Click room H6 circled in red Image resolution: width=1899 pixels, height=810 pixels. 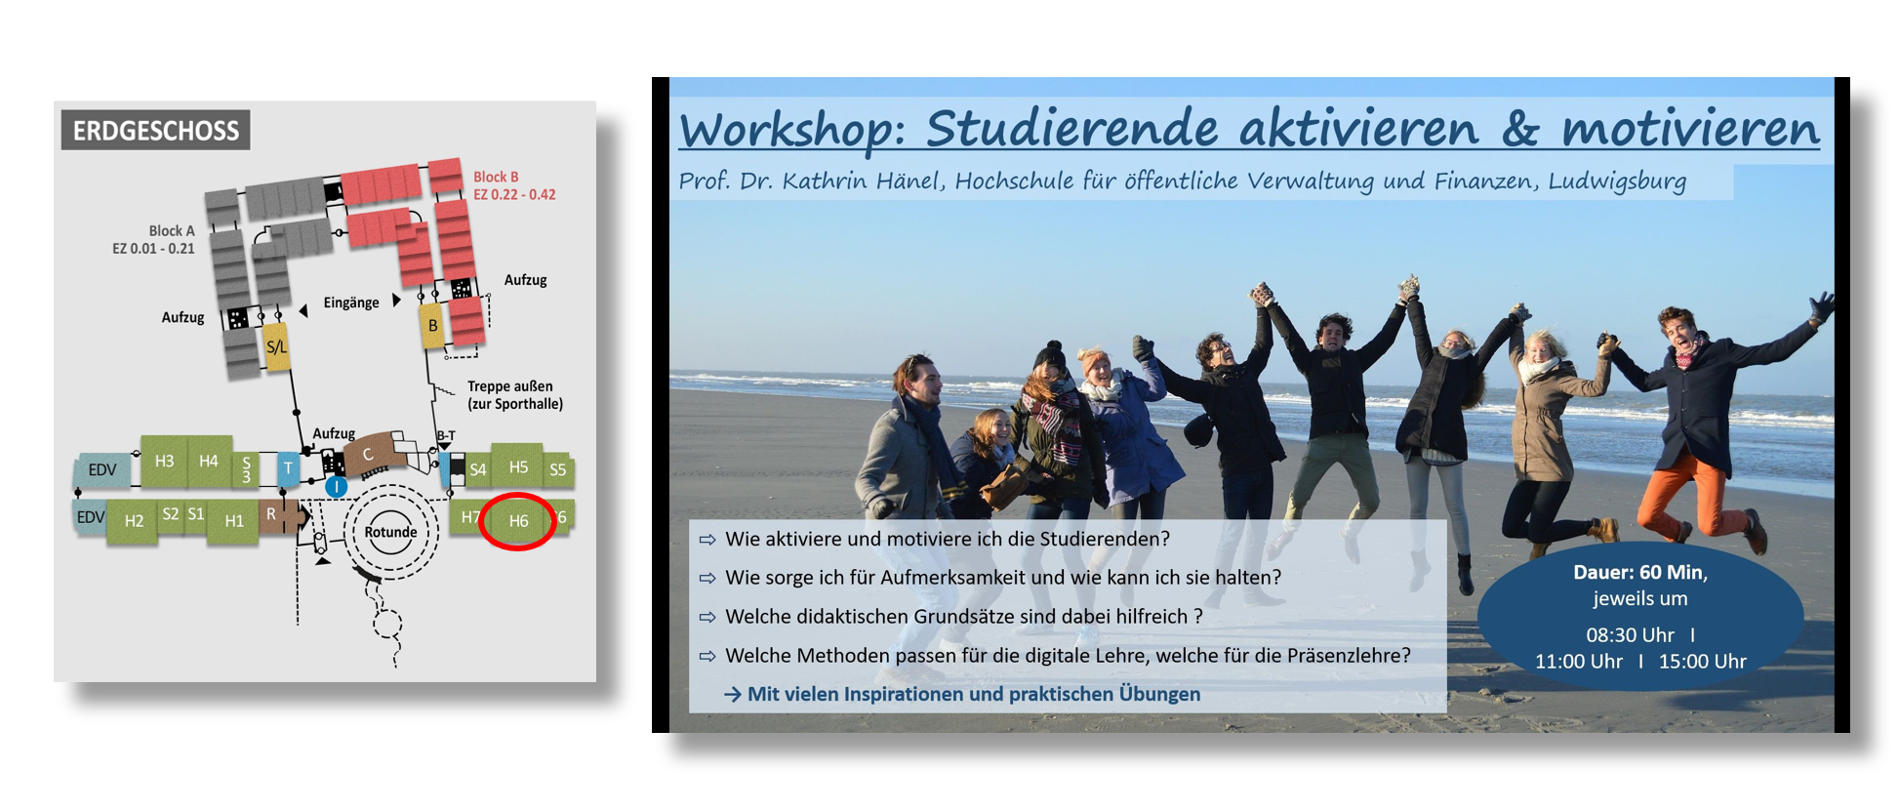[518, 520]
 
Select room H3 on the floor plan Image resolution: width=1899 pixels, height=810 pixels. [164, 461]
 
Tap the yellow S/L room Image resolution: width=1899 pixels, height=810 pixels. [277, 346]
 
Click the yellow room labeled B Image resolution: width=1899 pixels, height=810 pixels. [432, 326]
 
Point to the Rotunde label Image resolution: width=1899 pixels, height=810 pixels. [390, 532]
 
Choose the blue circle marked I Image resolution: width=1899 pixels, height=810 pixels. [336, 485]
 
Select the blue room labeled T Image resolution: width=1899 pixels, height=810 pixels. [288, 468]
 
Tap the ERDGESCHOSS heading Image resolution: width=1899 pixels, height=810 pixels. [156, 131]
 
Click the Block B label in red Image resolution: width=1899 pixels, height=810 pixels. [496, 177]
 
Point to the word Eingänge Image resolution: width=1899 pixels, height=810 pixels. [351, 303]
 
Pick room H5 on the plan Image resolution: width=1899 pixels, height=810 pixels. [518, 466]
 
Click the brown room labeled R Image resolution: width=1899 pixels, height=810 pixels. [272, 514]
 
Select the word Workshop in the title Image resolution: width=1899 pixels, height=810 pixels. [785, 130]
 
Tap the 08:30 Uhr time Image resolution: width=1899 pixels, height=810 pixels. [1630, 634]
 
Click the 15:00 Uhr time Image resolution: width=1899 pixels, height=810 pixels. [1703, 661]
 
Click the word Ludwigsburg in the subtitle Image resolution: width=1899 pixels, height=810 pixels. [1617, 182]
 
